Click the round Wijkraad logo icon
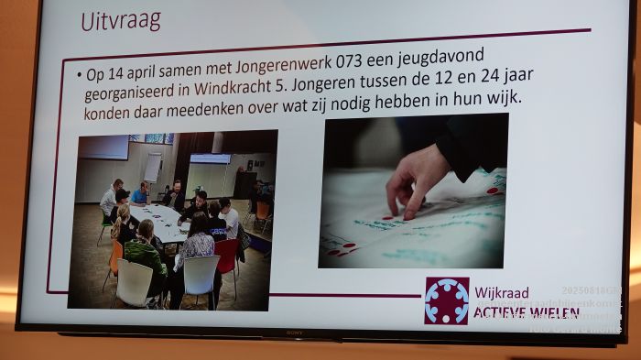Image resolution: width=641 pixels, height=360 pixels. click(446, 300)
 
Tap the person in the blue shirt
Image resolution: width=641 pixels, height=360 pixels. click(140, 193)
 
